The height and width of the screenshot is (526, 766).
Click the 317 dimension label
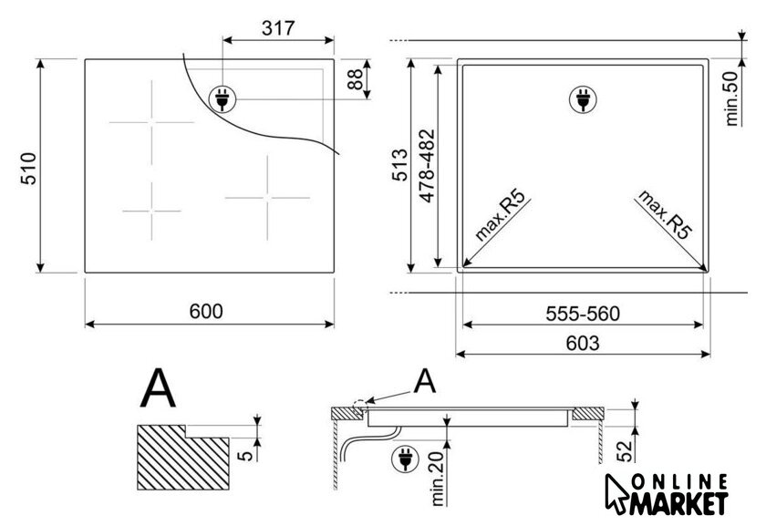pyautogui.click(x=278, y=28)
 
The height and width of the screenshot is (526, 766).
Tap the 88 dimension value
pyautogui.click(x=356, y=79)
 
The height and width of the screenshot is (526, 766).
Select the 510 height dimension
pyautogui.click(x=29, y=169)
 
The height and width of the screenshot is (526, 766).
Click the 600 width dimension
pyautogui.click(x=206, y=311)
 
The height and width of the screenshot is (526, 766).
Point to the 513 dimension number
pyautogui.click(x=400, y=165)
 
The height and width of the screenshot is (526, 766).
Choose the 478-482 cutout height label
pyautogui.click(x=427, y=166)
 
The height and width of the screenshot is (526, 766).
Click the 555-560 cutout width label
pyautogui.click(x=583, y=314)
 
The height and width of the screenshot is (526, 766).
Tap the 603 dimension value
pyautogui.click(x=583, y=344)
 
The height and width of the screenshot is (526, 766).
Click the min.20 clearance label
pyautogui.click(x=437, y=478)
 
